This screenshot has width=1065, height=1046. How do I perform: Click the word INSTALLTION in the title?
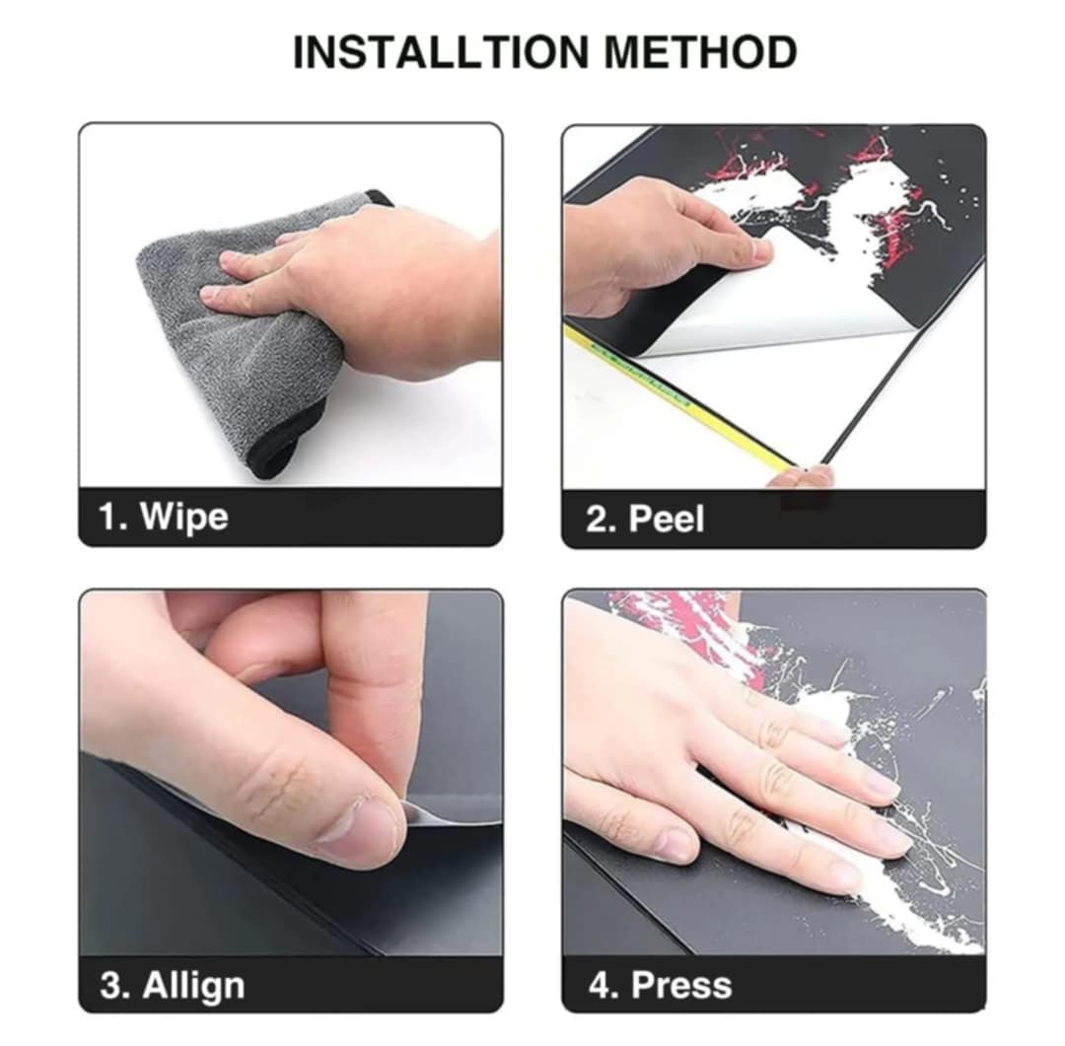click(x=441, y=52)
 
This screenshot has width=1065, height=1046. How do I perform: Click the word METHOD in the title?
click(x=700, y=52)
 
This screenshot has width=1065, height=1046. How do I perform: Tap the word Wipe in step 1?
click(x=184, y=517)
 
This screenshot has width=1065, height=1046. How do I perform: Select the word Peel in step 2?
click(x=667, y=519)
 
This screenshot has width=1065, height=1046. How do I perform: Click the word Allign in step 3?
click(x=193, y=986)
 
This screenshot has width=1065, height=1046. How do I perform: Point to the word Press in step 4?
click(x=681, y=986)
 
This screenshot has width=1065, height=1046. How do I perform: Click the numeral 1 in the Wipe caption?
click(x=108, y=517)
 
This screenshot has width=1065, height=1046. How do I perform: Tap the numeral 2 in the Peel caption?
click(x=598, y=519)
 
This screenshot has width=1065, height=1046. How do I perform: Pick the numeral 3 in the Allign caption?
click(x=111, y=986)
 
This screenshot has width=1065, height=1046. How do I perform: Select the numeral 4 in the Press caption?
click(x=600, y=986)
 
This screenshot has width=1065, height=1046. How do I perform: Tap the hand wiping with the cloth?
click(x=353, y=292)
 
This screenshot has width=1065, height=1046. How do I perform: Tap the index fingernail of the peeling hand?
click(x=762, y=252)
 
